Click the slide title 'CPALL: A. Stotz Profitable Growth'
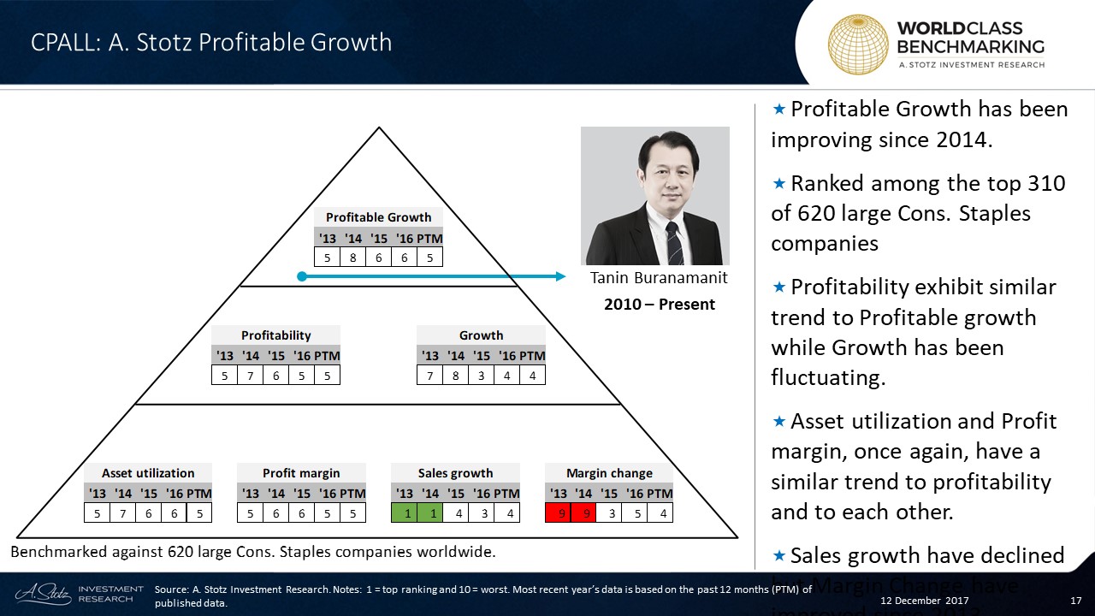(210, 42)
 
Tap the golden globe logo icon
(857, 44)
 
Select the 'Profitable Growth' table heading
(378, 217)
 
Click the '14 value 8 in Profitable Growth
(352, 256)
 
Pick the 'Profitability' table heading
(275, 335)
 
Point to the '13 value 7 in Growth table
(429, 375)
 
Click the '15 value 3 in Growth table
(481, 375)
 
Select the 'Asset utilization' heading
(147, 473)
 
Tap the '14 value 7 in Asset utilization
(122, 512)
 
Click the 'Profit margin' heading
(301, 473)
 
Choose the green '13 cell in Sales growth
(404, 512)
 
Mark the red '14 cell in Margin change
(583, 512)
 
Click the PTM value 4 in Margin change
(660, 512)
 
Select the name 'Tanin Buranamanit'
(659, 278)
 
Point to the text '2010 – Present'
(659, 305)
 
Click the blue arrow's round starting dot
(301, 276)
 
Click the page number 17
(1077, 601)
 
